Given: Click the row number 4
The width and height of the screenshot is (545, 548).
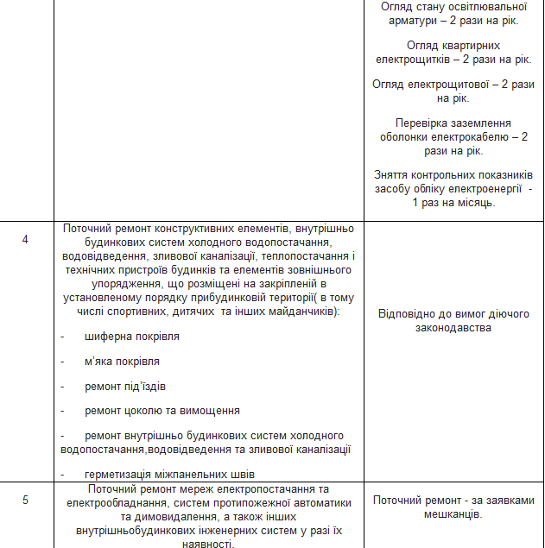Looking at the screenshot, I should [x=25, y=239].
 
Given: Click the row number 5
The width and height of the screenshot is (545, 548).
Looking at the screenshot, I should [x=25, y=500].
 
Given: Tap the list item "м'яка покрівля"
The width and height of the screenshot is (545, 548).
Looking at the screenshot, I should [x=122, y=362].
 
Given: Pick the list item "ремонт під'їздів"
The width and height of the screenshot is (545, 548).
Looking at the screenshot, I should [x=125, y=386].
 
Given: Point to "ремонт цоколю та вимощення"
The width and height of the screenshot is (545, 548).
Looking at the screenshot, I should [x=162, y=411].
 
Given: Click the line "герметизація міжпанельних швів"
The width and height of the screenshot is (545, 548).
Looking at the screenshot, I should [x=169, y=474].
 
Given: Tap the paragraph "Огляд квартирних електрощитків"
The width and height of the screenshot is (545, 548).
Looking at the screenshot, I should [x=453, y=51].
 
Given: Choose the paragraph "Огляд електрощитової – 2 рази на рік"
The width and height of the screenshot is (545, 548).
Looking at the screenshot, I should [x=453, y=91].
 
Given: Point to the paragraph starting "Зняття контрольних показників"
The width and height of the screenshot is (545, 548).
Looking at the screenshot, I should [x=453, y=187].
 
